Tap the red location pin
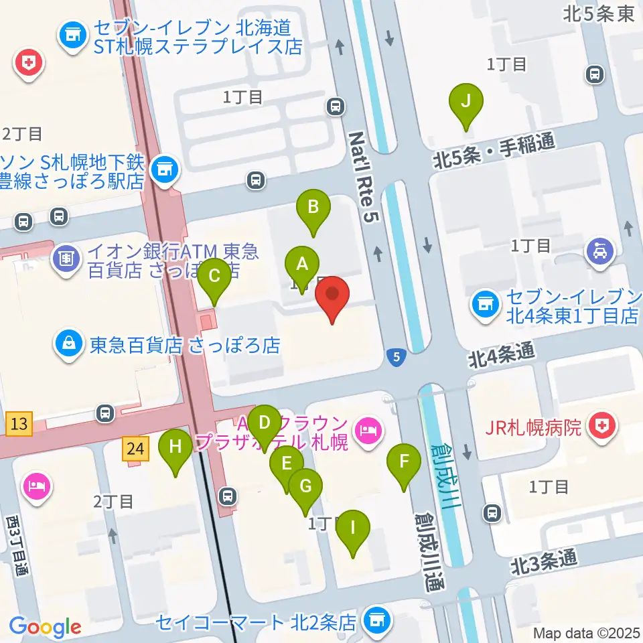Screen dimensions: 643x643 [x=334, y=297]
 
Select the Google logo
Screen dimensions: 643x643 [x=45, y=626]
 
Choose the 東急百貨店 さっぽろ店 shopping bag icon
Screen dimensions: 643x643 [x=69, y=345]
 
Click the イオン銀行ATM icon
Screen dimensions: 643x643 [x=67, y=255]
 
